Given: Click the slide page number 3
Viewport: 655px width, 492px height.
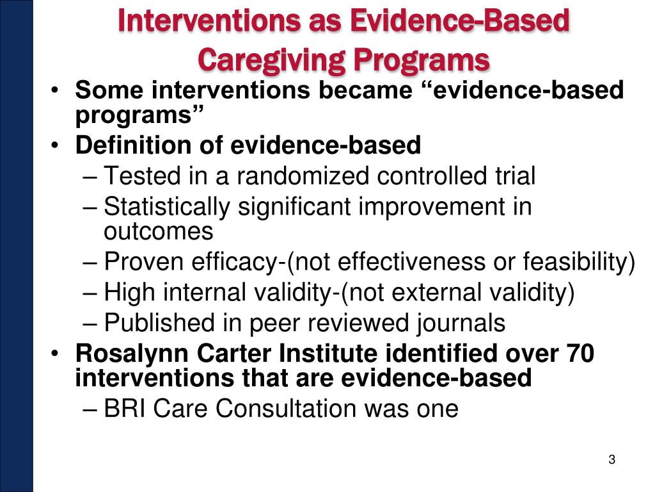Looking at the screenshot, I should click(x=612, y=459).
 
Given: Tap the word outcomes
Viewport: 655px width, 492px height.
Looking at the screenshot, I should click(x=158, y=231).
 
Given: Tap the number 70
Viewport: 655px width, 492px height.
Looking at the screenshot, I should click(x=580, y=354).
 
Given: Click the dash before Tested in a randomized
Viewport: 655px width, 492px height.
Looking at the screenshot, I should click(x=91, y=176).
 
